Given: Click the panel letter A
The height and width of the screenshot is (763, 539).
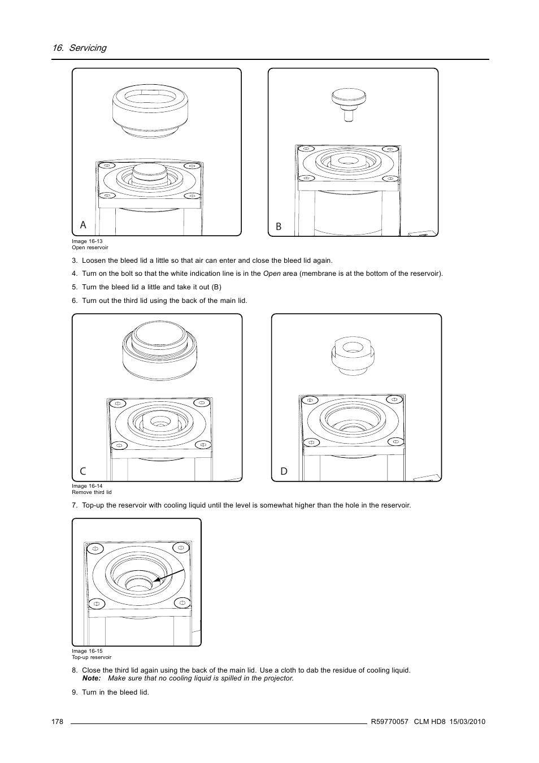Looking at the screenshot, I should click(83, 225).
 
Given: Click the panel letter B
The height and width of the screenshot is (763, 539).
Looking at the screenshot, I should click(279, 227).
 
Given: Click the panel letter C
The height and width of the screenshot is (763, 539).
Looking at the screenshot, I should click(83, 471).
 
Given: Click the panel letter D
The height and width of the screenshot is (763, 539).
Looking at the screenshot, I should click(284, 471).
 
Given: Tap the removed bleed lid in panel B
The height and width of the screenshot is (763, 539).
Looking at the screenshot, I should click(349, 103).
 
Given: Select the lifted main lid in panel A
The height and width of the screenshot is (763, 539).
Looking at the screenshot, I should click(149, 110).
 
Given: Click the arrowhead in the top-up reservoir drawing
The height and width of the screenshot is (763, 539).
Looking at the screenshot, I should click(156, 580).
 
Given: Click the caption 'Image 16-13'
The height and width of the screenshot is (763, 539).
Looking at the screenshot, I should click(87, 241).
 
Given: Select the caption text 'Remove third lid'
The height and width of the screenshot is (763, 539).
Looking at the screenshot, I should click(92, 492).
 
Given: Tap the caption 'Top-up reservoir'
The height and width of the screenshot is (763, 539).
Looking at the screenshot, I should click(92, 657).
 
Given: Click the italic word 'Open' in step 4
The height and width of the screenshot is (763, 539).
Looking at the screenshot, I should click(272, 274).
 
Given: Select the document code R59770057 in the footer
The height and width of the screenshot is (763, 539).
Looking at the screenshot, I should click(389, 722).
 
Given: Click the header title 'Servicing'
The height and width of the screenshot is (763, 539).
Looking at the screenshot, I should click(88, 48).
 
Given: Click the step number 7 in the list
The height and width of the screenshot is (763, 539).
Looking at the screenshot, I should click(74, 505).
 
